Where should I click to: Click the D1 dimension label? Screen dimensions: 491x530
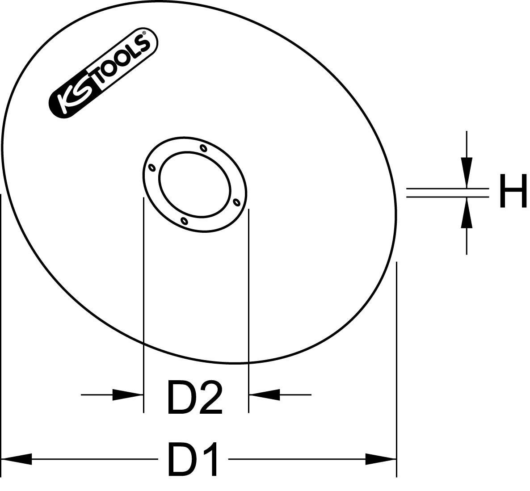click(193, 459)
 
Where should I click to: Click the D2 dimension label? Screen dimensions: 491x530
click(194, 396)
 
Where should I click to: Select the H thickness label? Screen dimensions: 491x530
click(513, 191)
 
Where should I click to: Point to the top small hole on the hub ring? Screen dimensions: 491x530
click(203, 147)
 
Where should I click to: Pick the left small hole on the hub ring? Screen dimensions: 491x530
click(151, 168)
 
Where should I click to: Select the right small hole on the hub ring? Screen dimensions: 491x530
click(237, 202)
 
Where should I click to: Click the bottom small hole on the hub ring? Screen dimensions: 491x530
click(184, 221)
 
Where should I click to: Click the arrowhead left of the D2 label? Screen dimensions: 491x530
click(128, 394)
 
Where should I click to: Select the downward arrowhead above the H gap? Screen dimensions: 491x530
click(467, 172)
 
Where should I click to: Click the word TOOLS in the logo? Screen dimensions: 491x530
click(120, 60)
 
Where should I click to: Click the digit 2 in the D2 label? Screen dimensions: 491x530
click(210, 397)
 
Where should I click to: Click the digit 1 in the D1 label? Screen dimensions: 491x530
click(209, 459)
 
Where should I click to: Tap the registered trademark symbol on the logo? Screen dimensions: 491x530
click(144, 34)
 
